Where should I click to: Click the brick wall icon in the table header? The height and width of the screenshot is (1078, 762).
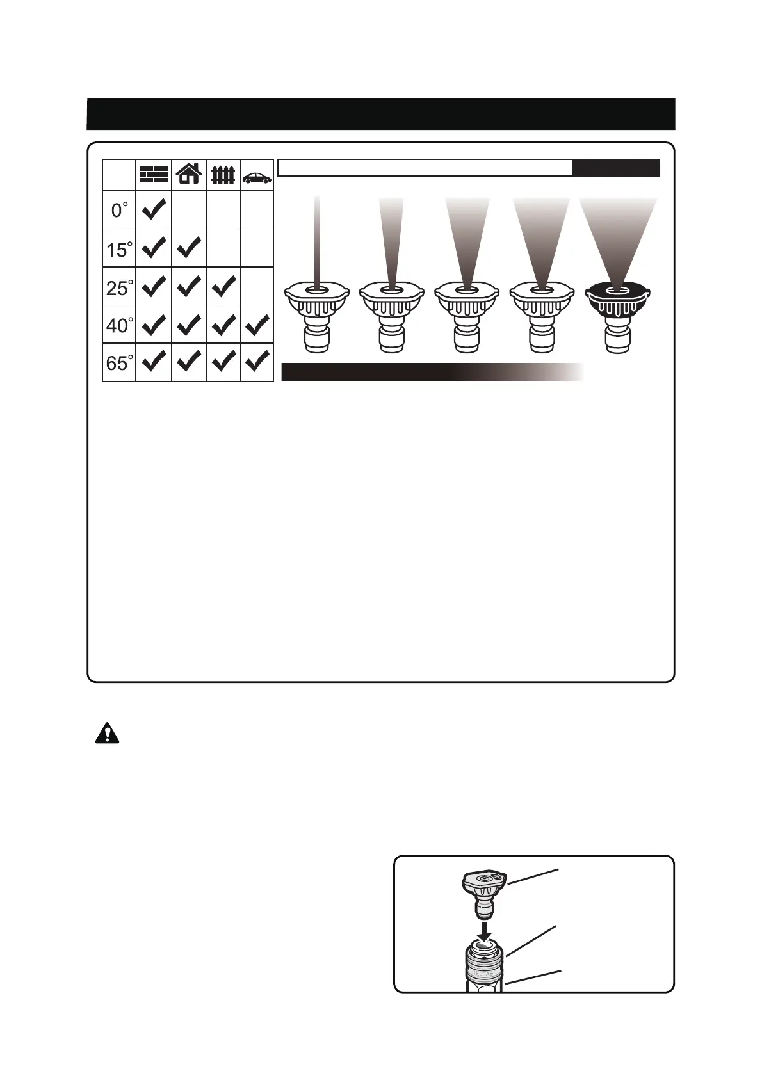154,175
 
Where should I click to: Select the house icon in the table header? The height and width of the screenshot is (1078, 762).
189,174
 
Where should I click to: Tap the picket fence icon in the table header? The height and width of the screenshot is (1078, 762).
223,175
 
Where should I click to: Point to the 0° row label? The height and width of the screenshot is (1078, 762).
119,210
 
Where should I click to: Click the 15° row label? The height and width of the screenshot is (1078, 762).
119,249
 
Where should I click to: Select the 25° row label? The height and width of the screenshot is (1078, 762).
119,287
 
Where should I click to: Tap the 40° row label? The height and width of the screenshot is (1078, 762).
119,325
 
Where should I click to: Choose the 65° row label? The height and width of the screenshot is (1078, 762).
119,363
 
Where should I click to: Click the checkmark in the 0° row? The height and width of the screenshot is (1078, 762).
154,209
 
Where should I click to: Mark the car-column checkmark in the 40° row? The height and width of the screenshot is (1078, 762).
257,325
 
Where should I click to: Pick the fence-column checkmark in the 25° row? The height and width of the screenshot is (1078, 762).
223,287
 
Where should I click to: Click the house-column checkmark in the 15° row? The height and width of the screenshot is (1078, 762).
189,248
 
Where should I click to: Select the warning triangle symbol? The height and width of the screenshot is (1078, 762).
108,733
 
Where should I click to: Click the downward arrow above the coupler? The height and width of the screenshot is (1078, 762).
485,929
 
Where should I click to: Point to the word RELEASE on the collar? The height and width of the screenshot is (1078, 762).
484,973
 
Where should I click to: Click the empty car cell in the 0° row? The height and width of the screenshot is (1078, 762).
257,210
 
